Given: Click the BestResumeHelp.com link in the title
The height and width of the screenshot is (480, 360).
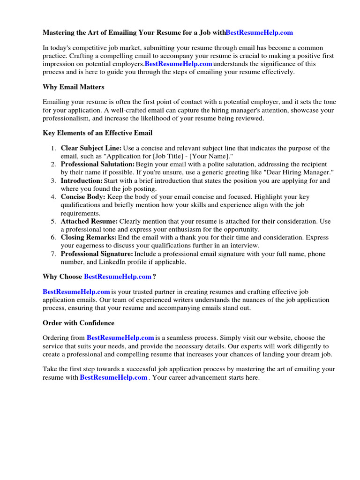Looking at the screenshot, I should [x=259, y=32].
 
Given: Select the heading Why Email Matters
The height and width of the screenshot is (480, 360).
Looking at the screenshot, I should [x=74, y=87].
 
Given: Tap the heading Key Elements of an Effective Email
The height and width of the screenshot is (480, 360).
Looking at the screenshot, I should [x=97, y=133].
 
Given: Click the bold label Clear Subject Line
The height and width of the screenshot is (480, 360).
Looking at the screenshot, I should [x=91, y=148].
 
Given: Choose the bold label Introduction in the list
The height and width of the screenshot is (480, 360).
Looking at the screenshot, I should [x=82, y=180].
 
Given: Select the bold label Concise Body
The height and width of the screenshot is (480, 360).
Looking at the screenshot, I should [x=83, y=197].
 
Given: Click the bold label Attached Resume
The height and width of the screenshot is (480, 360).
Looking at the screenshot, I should [x=89, y=221].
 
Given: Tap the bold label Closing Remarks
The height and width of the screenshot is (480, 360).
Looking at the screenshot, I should [x=89, y=238].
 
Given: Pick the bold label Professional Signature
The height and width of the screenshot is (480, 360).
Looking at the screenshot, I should [x=97, y=254].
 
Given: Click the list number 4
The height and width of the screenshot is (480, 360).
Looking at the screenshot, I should [x=53, y=197].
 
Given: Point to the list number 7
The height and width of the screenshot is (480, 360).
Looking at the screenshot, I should [x=53, y=254].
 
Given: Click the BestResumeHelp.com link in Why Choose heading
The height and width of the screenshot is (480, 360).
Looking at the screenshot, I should [x=117, y=277].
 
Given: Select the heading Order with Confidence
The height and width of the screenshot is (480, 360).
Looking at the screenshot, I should [x=78, y=323].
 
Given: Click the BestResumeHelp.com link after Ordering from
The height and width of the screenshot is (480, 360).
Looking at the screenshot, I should [x=120, y=337].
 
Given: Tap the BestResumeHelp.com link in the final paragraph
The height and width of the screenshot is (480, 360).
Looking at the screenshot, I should [x=114, y=377].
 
